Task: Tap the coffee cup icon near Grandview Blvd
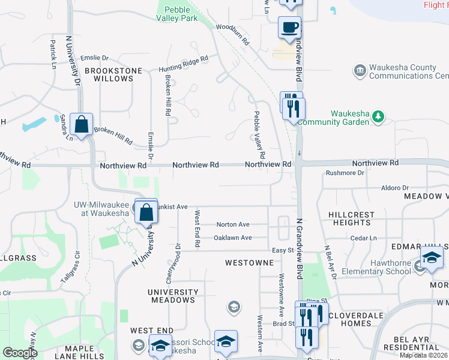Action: (290, 27)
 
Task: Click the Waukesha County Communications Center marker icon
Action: (360, 71)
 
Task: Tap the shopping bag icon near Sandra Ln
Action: (81, 124)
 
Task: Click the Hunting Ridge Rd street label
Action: (183, 64)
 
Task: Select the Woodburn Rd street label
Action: (232, 35)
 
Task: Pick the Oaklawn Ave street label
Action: (233, 238)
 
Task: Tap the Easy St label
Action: (282, 250)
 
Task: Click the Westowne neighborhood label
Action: (250, 263)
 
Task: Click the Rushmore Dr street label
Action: (345, 173)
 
